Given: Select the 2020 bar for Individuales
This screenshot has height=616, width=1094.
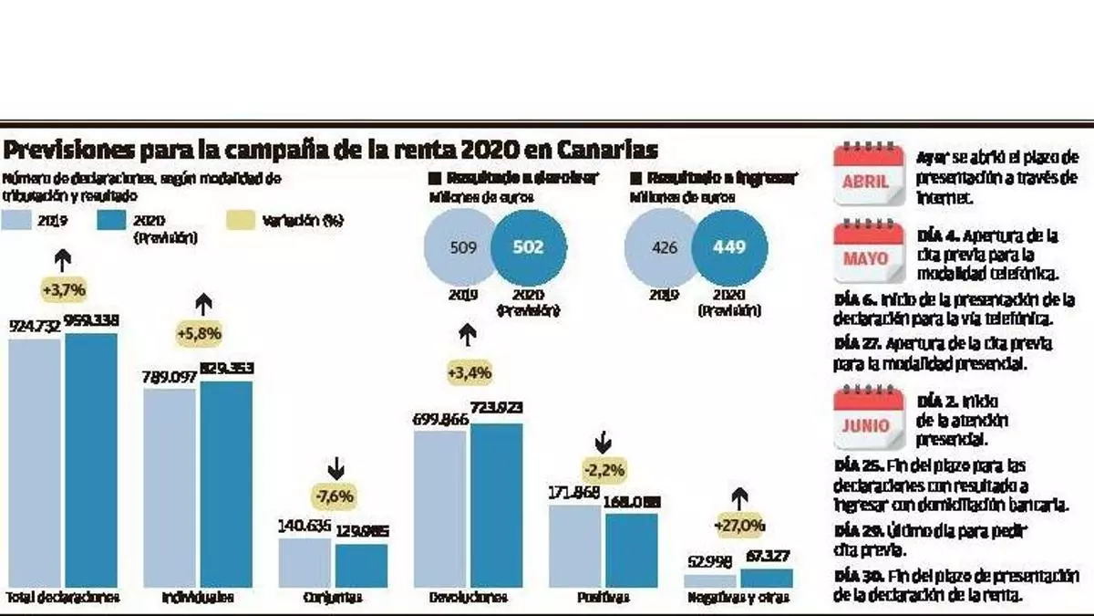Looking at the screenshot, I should [x=226, y=484].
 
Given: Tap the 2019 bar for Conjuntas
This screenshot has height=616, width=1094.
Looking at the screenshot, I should [x=305, y=562].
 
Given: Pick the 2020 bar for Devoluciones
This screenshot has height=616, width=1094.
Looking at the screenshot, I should [x=497, y=505].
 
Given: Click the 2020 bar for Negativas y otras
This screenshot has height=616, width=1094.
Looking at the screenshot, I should [x=766, y=578].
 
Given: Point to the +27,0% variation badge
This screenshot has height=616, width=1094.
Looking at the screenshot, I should [x=739, y=527].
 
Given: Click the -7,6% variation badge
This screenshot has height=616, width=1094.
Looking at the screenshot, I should [x=335, y=497].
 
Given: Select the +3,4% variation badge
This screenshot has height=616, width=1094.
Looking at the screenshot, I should [x=470, y=372].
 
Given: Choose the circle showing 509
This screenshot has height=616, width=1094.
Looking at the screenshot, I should [x=464, y=247].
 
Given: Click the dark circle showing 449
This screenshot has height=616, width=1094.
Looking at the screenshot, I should [x=729, y=247].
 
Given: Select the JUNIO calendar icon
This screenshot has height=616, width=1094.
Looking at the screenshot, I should [x=867, y=417].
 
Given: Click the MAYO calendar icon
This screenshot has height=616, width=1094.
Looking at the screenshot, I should [x=867, y=249].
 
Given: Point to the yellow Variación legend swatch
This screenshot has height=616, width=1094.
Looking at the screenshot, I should [x=241, y=220].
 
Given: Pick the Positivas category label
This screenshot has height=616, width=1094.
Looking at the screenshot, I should [x=602, y=598].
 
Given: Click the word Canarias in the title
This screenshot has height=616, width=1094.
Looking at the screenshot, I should [x=602, y=151].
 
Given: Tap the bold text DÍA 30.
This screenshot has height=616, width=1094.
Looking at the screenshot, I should [x=856, y=576].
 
